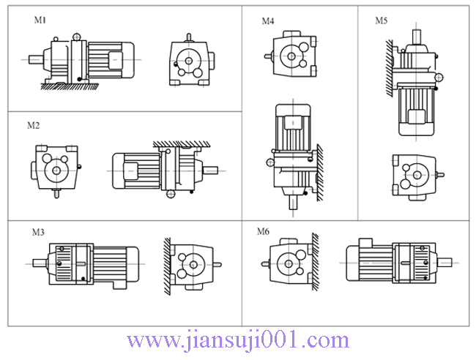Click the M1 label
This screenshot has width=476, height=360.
tap(40, 20)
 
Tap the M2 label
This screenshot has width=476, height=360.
tap(33, 125)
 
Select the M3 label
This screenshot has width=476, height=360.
tap(38, 232)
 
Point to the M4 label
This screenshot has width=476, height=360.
tap(268, 21)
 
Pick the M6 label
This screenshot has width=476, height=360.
tap(263, 232)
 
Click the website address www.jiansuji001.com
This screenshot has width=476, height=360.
tap(238, 340)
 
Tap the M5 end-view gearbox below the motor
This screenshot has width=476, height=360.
tap(415, 176)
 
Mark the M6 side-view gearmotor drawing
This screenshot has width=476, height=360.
tap(395, 261)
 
